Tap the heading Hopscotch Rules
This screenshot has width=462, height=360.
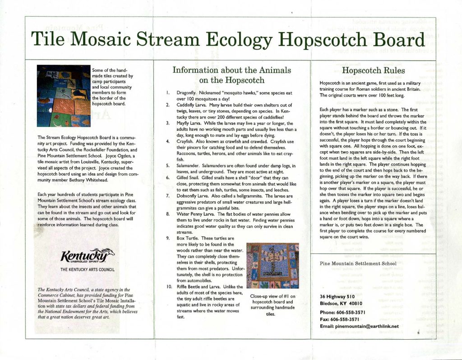click(374, 70)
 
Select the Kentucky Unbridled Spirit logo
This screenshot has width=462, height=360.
click(88, 255)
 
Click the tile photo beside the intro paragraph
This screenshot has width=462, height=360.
click(64, 96)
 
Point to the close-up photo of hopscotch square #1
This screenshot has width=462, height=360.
click(273, 266)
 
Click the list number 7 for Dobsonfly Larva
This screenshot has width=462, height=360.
click(168, 196)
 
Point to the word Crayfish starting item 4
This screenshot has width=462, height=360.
click(185, 142)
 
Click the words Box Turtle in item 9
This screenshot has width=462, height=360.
click(188, 238)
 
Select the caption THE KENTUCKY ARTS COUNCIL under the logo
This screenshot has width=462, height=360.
click(88, 270)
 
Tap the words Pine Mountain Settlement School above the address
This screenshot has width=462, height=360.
click(358, 263)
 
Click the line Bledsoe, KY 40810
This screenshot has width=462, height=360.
click(342, 303)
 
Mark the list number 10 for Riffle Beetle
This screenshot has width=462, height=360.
click(168, 286)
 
